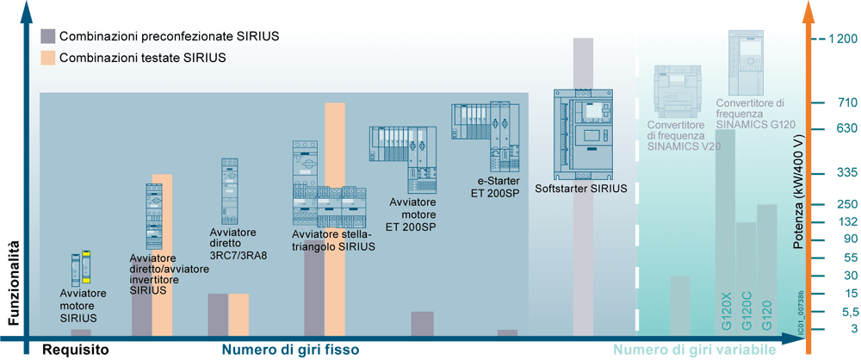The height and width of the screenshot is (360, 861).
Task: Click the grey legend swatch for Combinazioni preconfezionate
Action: (48, 36)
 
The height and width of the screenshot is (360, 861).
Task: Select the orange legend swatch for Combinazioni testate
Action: (48, 58)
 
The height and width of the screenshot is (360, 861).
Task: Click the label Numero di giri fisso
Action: (290, 350)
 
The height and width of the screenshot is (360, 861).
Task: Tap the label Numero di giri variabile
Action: (695, 350)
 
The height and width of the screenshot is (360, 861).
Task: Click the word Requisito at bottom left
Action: (77, 350)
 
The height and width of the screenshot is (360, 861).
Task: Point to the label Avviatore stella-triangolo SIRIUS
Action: (333, 240)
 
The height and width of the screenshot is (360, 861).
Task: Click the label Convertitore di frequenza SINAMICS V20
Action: (684, 135)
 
